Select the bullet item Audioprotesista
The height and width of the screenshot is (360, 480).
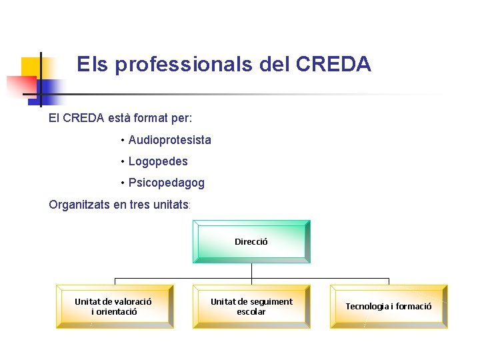click(x=169, y=140)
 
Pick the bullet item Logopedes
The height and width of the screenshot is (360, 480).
click(x=158, y=161)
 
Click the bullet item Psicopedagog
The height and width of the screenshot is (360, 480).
click(x=166, y=183)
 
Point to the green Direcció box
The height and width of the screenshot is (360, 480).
click(x=251, y=242)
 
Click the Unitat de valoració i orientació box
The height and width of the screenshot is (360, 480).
click(x=114, y=307)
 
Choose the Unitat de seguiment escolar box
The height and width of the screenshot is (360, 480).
click(x=251, y=307)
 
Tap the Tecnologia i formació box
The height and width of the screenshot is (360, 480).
click(x=389, y=307)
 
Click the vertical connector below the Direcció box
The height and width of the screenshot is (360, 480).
click(x=251, y=271)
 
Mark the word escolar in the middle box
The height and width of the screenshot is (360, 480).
click(x=251, y=312)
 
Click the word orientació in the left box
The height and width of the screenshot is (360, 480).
click(x=117, y=312)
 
